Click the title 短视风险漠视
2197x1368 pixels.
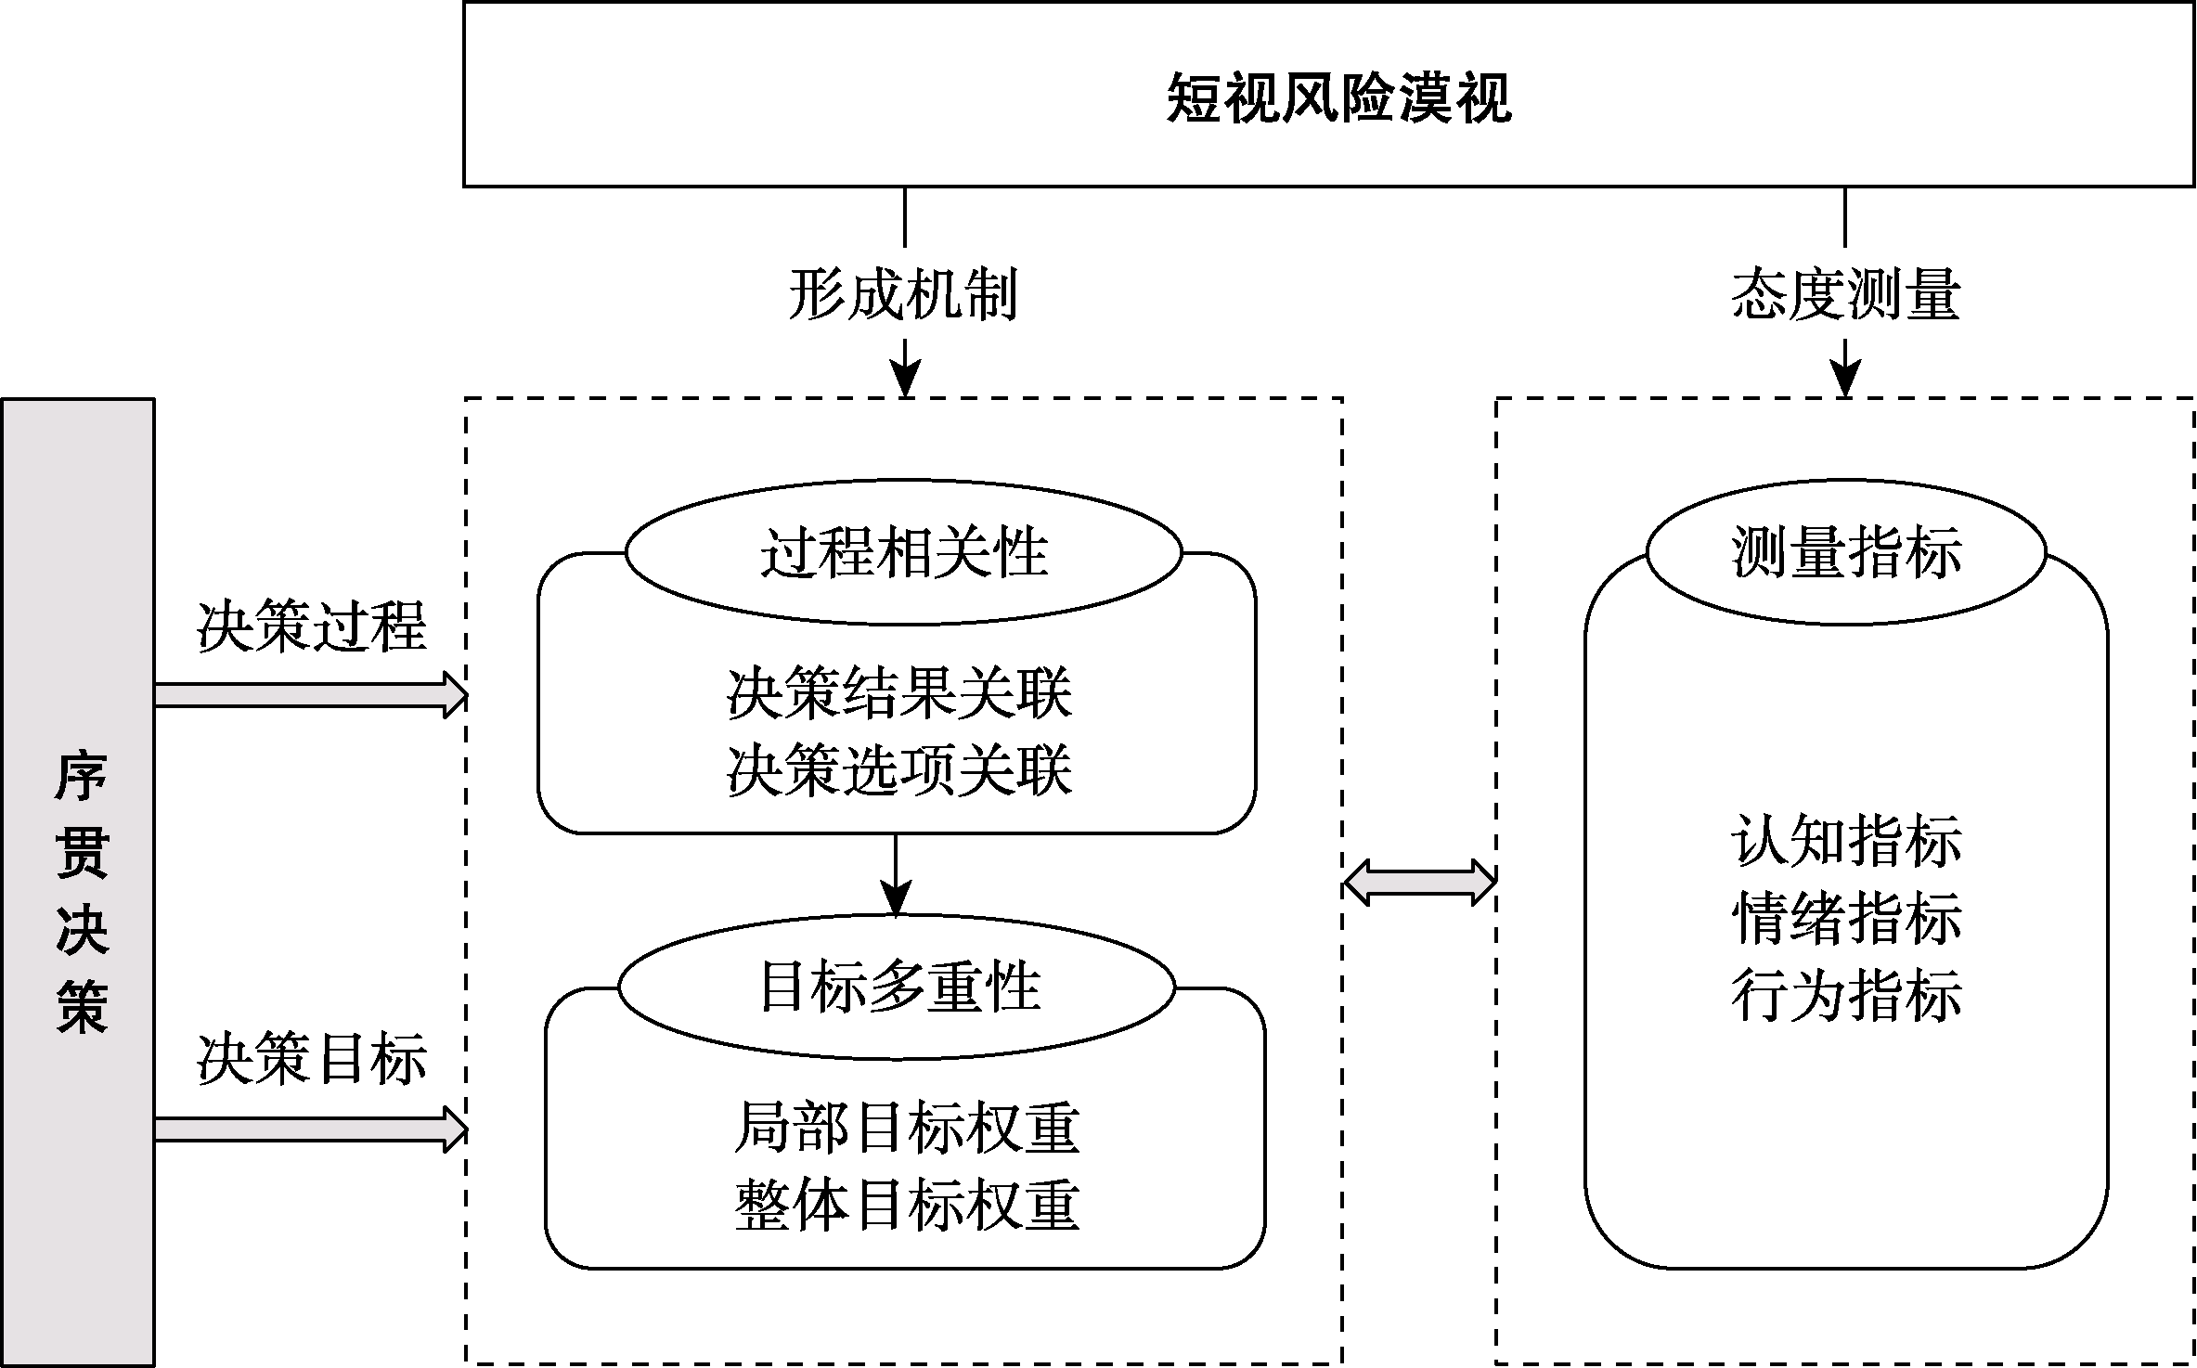(1338, 97)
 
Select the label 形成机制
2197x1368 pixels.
(903, 295)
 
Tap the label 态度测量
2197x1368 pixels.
(1845, 295)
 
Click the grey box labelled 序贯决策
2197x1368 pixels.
(79, 882)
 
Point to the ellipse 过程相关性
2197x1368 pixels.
(903, 552)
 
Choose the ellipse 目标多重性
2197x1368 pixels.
(898, 987)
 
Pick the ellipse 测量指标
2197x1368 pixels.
(1846, 552)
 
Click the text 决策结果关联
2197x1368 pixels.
(898, 693)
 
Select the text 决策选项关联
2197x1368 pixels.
(898, 770)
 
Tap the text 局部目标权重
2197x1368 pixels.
(906, 1128)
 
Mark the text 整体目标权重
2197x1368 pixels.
(906, 1205)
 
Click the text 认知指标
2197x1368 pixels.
(1846, 841)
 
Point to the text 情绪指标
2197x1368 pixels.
(1846, 919)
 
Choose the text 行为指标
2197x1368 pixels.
(1846, 995)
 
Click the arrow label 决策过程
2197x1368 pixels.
(311, 626)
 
